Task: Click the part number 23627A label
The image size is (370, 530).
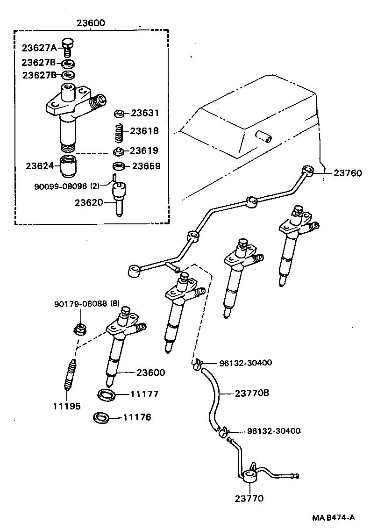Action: pos(39,47)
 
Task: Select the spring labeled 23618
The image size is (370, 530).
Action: pos(119,131)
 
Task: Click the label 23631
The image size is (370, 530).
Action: pos(145,113)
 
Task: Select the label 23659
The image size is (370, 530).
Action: pos(146,166)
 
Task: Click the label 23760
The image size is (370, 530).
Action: pos(348,173)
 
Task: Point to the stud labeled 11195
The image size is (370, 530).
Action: pos(69,374)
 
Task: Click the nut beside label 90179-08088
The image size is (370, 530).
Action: pos(79,329)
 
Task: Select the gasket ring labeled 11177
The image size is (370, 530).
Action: pos(107,394)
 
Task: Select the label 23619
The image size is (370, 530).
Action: pos(144,150)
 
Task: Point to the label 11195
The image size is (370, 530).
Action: pos(66,406)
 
